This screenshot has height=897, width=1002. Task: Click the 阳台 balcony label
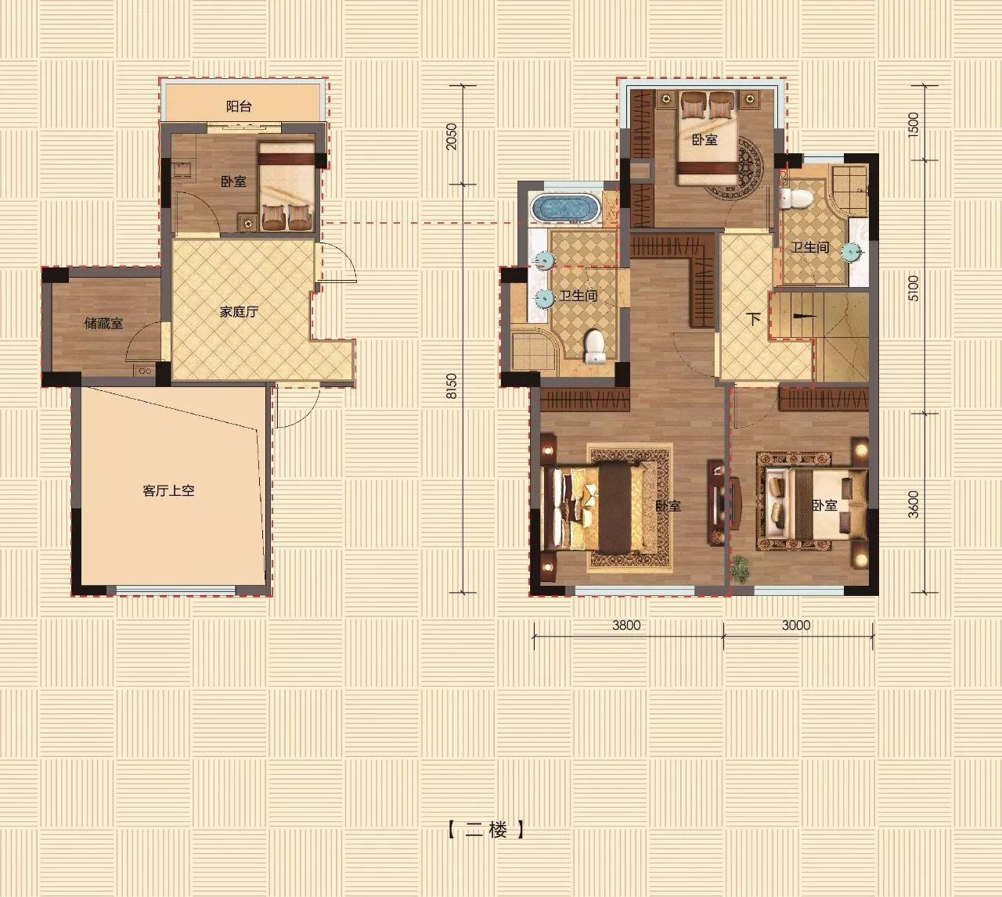(239, 106)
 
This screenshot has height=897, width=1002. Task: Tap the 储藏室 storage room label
(103, 323)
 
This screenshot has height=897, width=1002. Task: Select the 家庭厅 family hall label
(239, 312)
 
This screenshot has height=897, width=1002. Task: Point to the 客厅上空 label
(168, 491)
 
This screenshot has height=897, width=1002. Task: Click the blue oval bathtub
(565, 208)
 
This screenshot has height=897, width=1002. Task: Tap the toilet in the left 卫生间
(594, 346)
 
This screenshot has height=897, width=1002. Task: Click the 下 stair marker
(753, 319)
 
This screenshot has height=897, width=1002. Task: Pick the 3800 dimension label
(626, 625)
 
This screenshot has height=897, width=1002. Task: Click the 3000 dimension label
(796, 625)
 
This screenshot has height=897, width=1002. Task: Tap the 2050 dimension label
(452, 137)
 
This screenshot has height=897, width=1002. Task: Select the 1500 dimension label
(914, 125)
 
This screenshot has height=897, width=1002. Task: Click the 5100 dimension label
(914, 288)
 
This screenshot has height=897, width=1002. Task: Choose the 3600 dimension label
(914, 504)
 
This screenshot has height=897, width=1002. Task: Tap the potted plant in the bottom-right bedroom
(740, 567)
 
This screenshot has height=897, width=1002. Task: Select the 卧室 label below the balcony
(233, 181)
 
